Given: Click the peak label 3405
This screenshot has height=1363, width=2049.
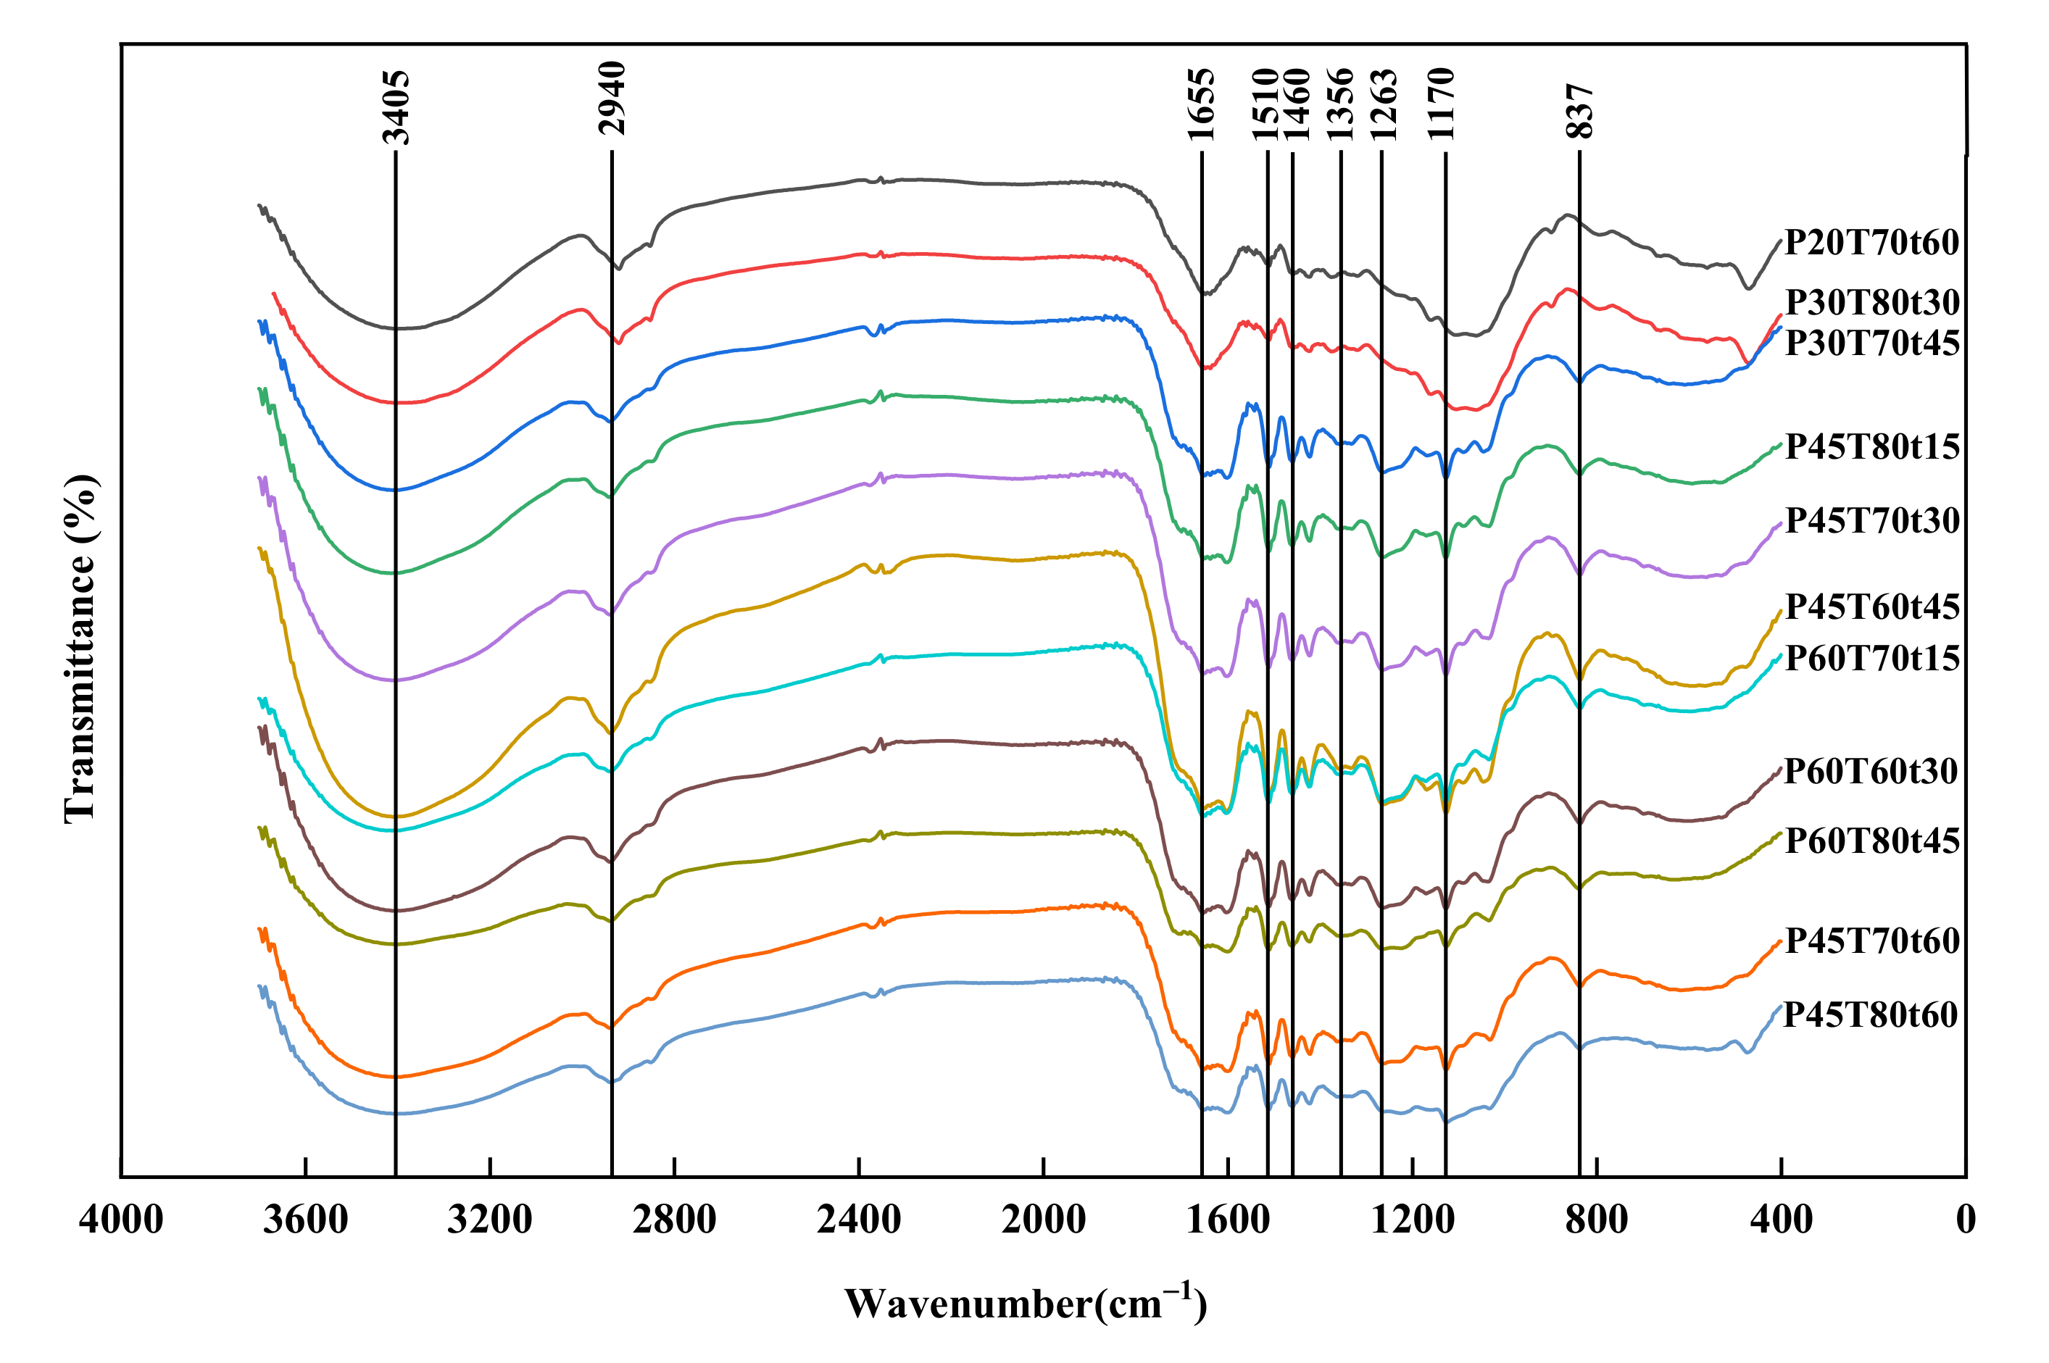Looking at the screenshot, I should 396,107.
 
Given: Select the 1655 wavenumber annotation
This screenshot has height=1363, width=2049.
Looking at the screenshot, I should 1202,104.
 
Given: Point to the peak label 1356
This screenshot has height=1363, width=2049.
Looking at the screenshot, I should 1339,104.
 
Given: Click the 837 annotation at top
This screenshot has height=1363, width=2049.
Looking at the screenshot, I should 1579,112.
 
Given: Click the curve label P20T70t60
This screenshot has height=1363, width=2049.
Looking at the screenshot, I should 1871,243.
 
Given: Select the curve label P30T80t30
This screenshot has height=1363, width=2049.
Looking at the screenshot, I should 1871,302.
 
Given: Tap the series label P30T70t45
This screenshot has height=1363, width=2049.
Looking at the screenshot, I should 1871,343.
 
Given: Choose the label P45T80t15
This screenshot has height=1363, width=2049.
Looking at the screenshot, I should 1871,447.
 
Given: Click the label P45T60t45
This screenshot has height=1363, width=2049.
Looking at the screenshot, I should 1871,607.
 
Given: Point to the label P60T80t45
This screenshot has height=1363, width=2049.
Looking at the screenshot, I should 1871,841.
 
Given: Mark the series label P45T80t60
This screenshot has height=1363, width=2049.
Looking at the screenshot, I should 1870,1014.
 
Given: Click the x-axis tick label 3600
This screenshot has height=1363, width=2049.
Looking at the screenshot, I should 305,1220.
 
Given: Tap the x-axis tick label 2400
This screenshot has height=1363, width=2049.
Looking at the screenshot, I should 858,1220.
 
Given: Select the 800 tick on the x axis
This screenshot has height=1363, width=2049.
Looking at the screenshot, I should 1596,1220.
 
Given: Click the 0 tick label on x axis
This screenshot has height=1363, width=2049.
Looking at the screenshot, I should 1966,1220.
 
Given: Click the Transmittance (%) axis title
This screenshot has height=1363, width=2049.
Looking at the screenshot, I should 80,649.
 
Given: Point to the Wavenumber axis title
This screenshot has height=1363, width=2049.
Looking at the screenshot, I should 1026,1304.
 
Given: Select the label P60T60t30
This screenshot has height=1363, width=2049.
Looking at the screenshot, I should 1870,771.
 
